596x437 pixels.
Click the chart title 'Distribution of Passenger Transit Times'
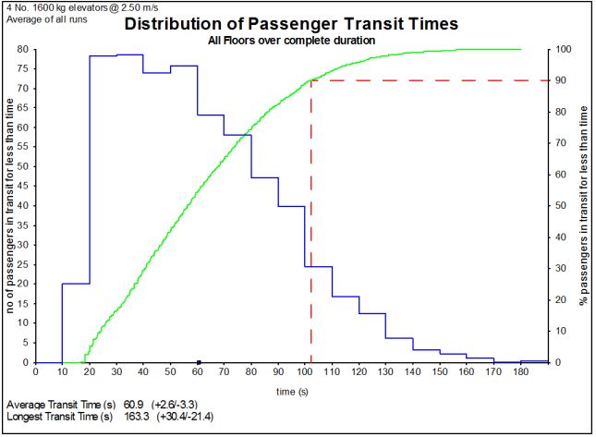pos(290,25)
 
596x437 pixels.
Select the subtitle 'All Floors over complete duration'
pos(291,41)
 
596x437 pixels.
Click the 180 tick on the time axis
pos(521,371)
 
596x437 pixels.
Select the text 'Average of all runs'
pos(43,18)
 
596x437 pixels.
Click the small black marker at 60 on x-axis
pos(198,361)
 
